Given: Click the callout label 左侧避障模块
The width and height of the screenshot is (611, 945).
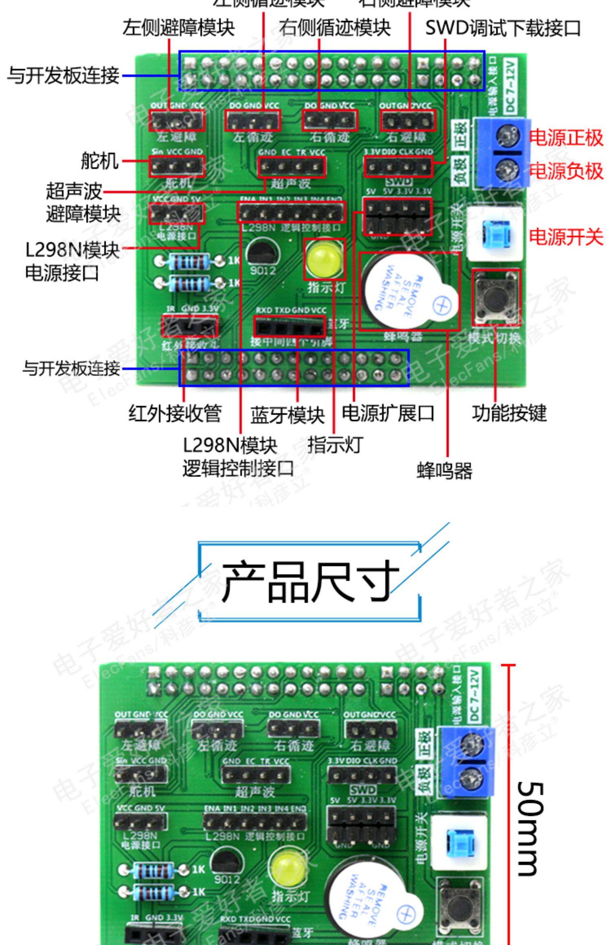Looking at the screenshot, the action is [178, 28].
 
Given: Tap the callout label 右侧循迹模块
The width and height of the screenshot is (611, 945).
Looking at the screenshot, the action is [334, 28].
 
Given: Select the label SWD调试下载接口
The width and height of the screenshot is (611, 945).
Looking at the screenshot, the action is [503, 28].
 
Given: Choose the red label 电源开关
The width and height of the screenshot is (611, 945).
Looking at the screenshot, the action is [566, 236].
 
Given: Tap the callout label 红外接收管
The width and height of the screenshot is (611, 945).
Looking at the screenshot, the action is [175, 413].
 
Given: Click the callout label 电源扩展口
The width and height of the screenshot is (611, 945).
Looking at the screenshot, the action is [388, 413].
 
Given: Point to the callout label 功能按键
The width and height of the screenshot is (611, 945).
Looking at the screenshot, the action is [509, 413].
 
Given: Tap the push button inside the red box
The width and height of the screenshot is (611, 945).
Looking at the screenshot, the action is [496, 298].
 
